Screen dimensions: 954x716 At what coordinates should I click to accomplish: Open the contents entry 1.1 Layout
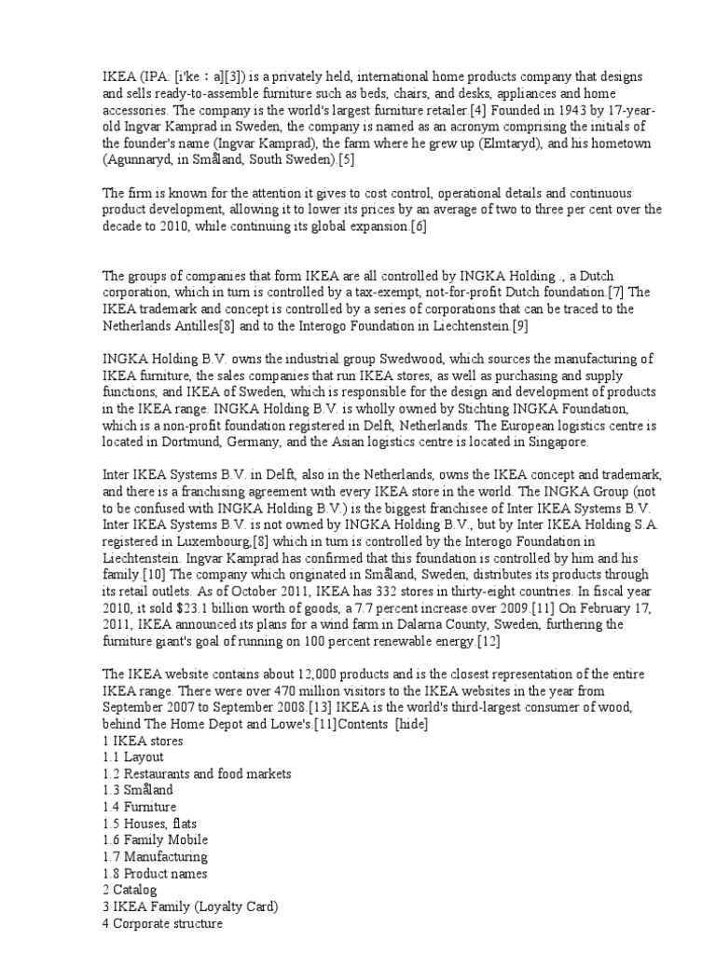pos(133,757)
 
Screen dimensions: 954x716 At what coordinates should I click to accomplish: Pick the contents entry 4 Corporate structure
pos(162,923)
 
